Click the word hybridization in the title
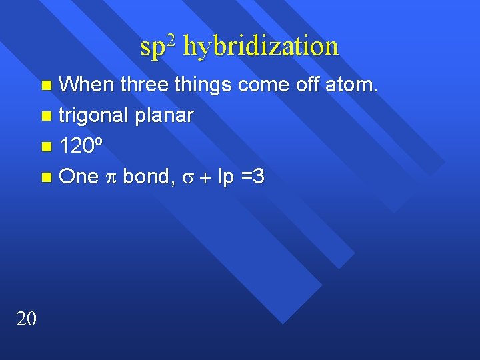[261, 47]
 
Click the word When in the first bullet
[86, 85]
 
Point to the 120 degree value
[81, 146]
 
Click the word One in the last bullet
[79, 177]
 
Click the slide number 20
[26, 319]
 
